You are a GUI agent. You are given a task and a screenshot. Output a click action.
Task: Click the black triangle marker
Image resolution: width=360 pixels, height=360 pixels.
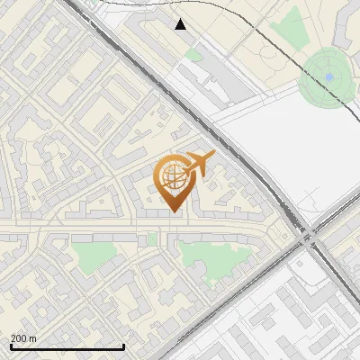pyautogui.click(x=181, y=24)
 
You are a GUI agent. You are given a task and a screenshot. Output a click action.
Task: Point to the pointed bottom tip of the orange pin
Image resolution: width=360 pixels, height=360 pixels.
pyautogui.click(x=171, y=211)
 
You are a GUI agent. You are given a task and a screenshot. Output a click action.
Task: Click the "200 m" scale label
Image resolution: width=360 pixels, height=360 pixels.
pyautogui.click(x=24, y=338)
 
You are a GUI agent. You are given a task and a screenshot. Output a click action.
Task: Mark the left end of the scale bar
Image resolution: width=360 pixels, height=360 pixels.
pyautogui.click(x=10, y=346)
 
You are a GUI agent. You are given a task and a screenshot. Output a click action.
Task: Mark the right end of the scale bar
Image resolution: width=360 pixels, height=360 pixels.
pyautogui.click(x=123, y=346)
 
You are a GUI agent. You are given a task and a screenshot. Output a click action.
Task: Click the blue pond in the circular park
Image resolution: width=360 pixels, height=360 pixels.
pyautogui.click(x=329, y=77)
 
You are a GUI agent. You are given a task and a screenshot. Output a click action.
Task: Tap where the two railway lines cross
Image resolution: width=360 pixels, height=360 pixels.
pyautogui.click(x=309, y=237)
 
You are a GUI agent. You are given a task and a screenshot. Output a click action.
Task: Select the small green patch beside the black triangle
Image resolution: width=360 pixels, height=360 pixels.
pyautogui.click(x=193, y=55)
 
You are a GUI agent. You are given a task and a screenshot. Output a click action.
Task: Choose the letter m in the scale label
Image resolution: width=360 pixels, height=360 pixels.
pyautogui.click(x=32, y=339)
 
